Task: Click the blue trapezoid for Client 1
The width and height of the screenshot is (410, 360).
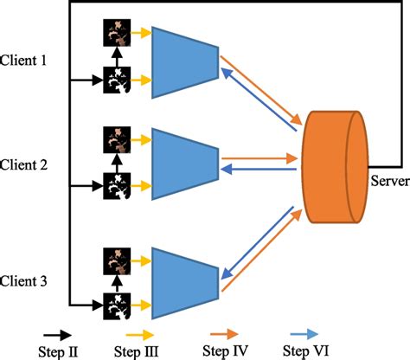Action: (x=184, y=57)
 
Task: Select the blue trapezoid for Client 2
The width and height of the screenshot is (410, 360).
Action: (x=184, y=162)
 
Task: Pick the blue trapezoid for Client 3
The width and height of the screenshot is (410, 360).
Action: (x=184, y=280)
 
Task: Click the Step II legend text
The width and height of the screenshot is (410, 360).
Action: (x=58, y=350)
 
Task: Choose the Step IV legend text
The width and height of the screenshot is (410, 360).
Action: (x=226, y=350)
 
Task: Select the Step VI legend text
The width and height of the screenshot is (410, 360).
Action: (x=308, y=350)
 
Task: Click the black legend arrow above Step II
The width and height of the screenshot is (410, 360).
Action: (x=58, y=332)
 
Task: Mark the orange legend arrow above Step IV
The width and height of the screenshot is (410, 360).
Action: (x=226, y=332)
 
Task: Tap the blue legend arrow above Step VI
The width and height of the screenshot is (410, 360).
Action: (x=308, y=332)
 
